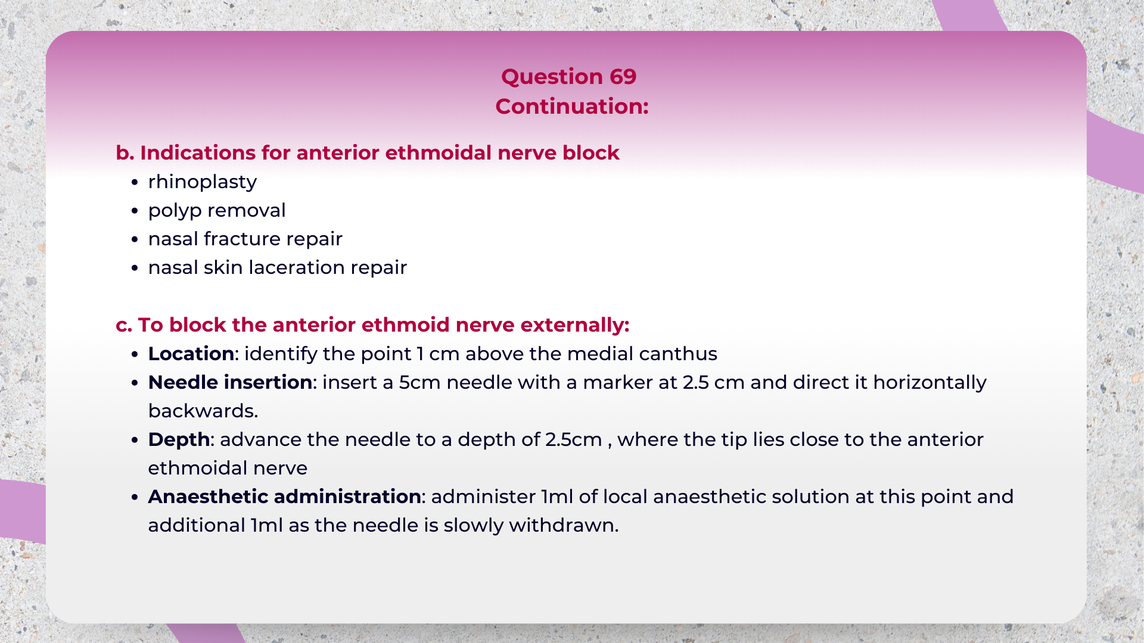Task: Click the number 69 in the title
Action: coord(623,77)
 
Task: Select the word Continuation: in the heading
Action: coord(571,107)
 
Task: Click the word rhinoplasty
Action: coord(202,182)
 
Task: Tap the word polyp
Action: coord(175,211)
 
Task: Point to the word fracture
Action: coord(241,239)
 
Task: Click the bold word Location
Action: coord(191,354)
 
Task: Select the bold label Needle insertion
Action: coord(230,383)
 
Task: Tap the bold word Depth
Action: coord(179,440)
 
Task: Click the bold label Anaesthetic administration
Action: coord(284,497)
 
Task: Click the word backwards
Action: coord(203,411)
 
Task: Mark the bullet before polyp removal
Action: coord(135,211)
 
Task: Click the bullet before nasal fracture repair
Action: coord(135,240)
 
